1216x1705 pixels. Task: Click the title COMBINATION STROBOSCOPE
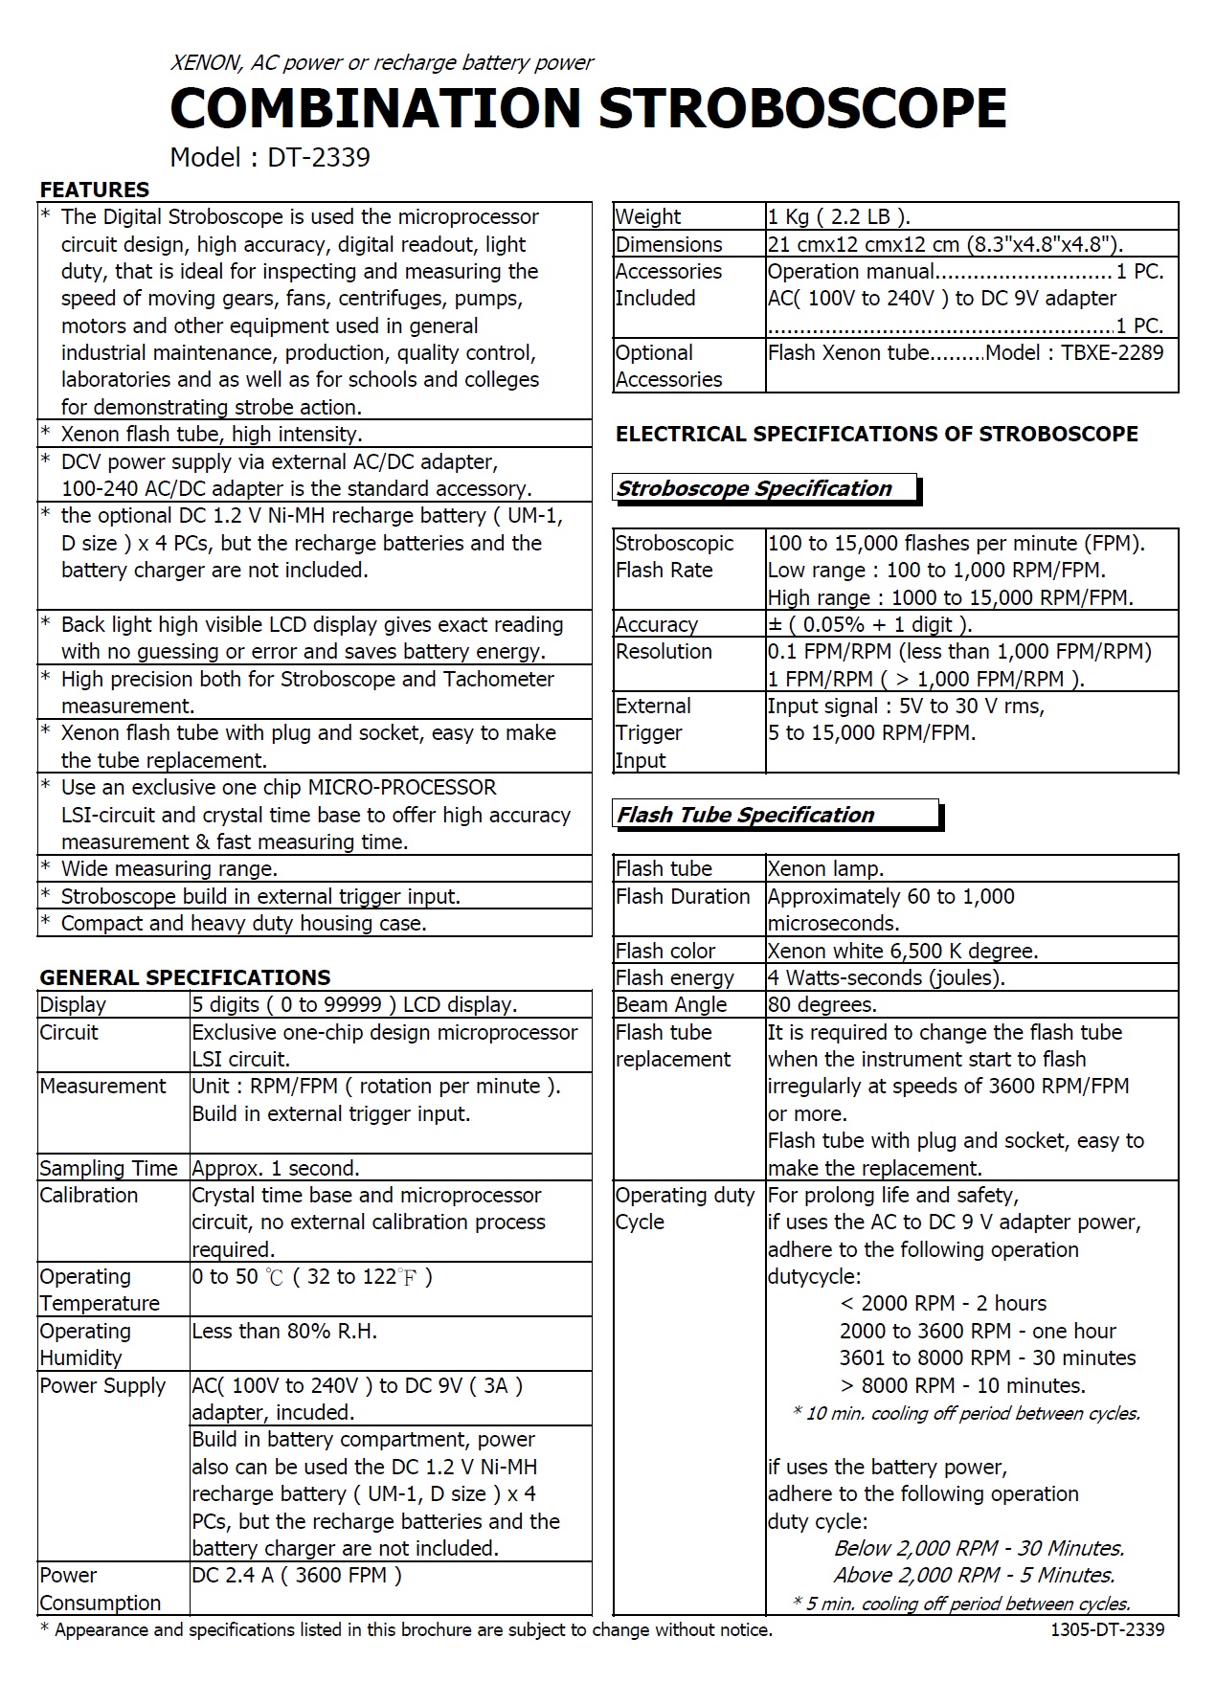(x=588, y=107)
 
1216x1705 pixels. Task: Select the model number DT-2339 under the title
(x=318, y=157)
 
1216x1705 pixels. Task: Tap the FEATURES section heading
(x=94, y=190)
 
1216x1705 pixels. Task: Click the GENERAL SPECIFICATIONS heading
(x=185, y=977)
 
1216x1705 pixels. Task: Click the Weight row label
(x=648, y=216)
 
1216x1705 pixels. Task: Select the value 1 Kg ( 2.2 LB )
(x=839, y=216)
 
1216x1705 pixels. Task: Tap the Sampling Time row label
(x=108, y=1168)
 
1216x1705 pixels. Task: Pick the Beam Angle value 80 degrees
(x=822, y=1004)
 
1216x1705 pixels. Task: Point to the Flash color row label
(x=665, y=951)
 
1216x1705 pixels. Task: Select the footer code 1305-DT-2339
(x=1107, y=1629)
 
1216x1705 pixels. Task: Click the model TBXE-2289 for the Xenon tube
(x=1112, y=352)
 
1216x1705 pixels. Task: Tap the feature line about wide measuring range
(x=169, y=869)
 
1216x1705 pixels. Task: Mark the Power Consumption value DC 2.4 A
(x=297, y=1576)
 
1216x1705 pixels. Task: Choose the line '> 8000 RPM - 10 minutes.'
(x=962, y=1385)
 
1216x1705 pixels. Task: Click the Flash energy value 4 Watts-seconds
(x=886, y=977)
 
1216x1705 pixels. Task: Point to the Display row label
(x=73, y=1004)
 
